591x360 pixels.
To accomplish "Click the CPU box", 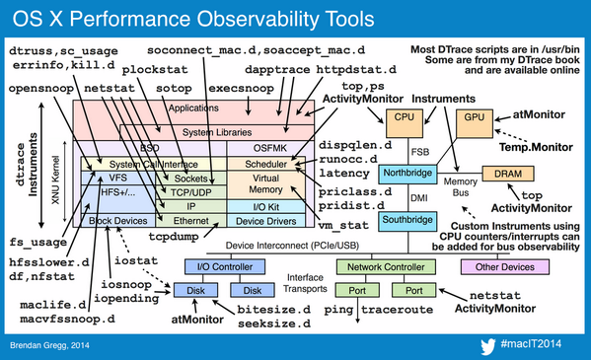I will [405, 118].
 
